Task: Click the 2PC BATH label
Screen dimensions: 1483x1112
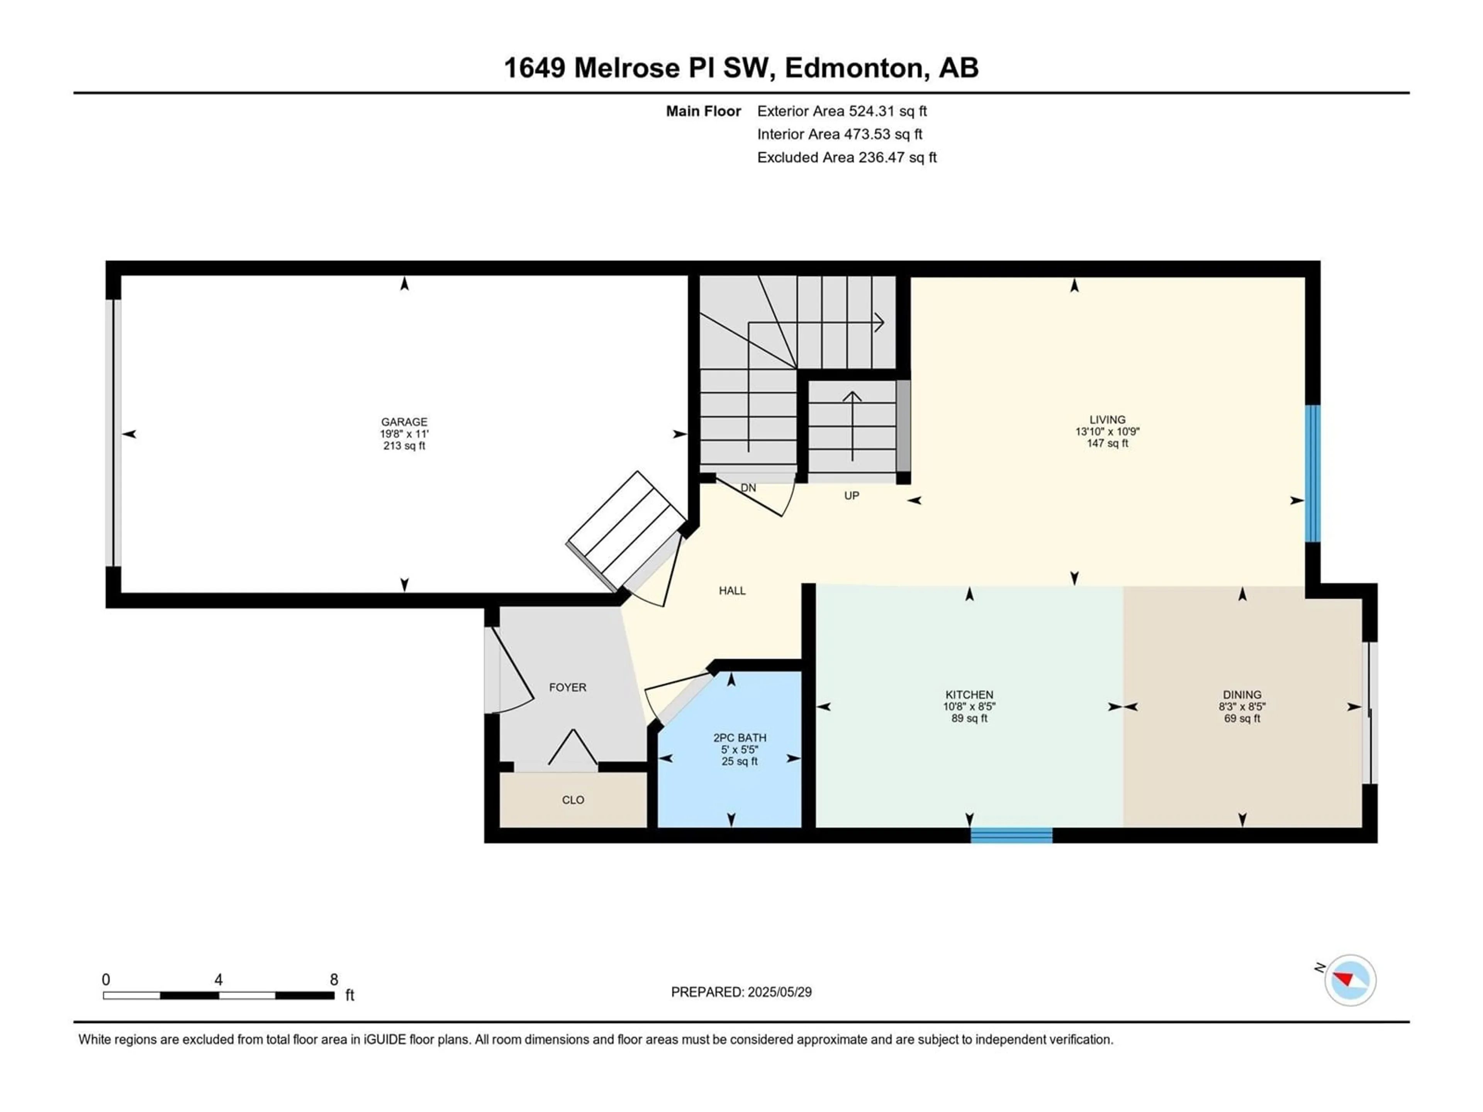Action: click(740, 737)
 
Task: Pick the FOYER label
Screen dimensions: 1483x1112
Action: click(567, 687)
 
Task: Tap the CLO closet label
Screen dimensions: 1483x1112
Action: click(573, 800)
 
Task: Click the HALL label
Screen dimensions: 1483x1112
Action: click(732, 590)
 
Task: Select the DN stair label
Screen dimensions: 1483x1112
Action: click(748, 488)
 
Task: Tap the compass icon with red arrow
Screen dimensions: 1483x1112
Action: click(1350, 980)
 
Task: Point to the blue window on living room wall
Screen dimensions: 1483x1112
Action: click(1312, 473)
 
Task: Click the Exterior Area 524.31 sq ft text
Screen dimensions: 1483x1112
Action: click(842, 111)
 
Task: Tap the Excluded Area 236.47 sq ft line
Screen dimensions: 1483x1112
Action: click(847, 158)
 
